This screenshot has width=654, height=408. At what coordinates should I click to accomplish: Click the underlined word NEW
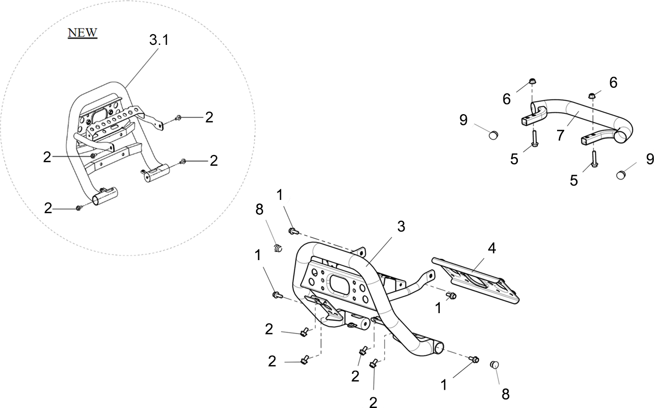pyautogui.click(x=82, y=33)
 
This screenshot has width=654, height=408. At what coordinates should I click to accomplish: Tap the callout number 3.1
pyautogui.click(x=159, y=40)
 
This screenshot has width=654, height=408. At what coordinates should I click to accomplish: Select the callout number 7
pyautogui.click(x=560, y=136)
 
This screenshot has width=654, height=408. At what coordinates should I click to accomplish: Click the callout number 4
pyautogui.click(x=492, y=248)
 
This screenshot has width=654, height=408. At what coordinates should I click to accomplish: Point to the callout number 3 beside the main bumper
pyautogui.click(x=401, y=226)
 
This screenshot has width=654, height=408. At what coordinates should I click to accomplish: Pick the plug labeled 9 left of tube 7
pyautogui.click(x=493, y=135)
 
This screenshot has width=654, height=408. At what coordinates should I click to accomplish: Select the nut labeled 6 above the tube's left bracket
pyautogui.click(x=533, y=81)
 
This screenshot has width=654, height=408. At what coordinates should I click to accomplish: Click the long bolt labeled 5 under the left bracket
pyautogui.click(x=535, y=139)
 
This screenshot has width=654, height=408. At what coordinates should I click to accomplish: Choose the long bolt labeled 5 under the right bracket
pyautogui.click(x=594, y=159)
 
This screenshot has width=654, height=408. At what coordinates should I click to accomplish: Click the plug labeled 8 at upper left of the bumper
pyautogui.click(x=278, y=248)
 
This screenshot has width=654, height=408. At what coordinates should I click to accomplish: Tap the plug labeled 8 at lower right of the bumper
pyautogui.click(x=494, y=365)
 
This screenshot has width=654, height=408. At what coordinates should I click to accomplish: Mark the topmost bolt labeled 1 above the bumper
pyautogui.click(x=293, y=232)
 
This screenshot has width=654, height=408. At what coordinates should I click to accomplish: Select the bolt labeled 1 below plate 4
pyautogui.click(x=451, y=296)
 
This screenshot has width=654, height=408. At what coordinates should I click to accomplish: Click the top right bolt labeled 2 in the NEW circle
pyautogui.click(x=178, y=118)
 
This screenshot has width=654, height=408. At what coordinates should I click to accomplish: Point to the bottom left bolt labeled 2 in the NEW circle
pyautogui.click(x=79, y=208)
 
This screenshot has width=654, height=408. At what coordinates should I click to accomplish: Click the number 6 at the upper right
pyautogui.click(x=613, y=83)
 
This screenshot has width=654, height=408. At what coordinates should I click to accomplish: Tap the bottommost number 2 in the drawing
pyautogui.click(x=373, y=402)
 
